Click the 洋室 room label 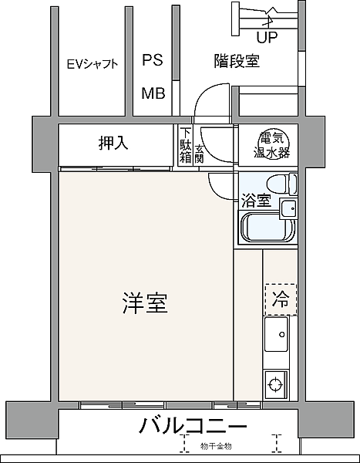[x=145, y=303]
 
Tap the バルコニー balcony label [x=193, y=427]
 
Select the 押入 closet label [x=113, y=143]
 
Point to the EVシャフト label [x=92, y=64]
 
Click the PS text [x=152, y=60]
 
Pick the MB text [x=152, y=94]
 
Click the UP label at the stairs [x=267, y=37]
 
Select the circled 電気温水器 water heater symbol [x=274, y=144]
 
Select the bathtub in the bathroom [x=266, y=229]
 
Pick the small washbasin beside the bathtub [x=288, y=208]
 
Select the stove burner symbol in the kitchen [x=276, y=382]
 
